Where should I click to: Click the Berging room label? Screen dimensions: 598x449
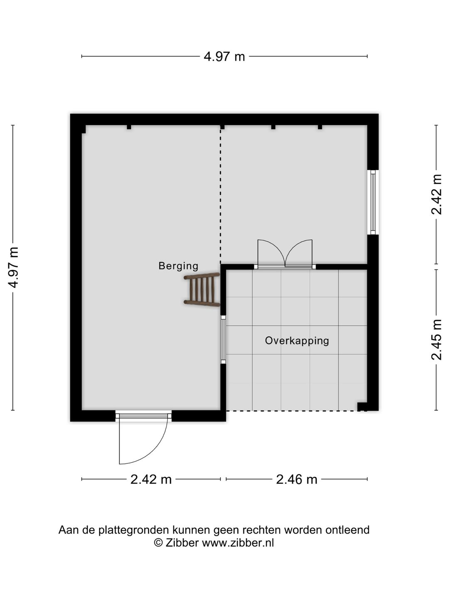point(178,266)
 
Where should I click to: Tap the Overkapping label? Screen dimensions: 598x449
point(297,341)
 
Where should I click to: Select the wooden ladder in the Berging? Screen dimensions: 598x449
point(202,290)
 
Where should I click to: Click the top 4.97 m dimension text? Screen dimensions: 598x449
point(224,56)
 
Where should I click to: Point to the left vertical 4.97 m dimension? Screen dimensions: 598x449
point(13,267)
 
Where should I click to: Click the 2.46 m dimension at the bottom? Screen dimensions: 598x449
point(296,480)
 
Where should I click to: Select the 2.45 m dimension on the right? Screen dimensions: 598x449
point(437,339)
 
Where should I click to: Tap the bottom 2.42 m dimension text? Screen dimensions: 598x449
point(151,480)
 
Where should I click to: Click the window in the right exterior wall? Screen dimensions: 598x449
point(373,202)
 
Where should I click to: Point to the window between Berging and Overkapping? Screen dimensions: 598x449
point(223,339)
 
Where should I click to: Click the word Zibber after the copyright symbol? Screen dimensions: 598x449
point(182,543)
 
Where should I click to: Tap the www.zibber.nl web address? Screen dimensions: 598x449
point(238,543)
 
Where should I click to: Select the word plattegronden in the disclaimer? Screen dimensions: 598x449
point(134,530)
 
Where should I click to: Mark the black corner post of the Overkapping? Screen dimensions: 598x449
point(363,407)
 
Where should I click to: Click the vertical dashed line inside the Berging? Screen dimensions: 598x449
point(220,195)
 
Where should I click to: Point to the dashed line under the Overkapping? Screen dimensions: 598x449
point(291,411)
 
